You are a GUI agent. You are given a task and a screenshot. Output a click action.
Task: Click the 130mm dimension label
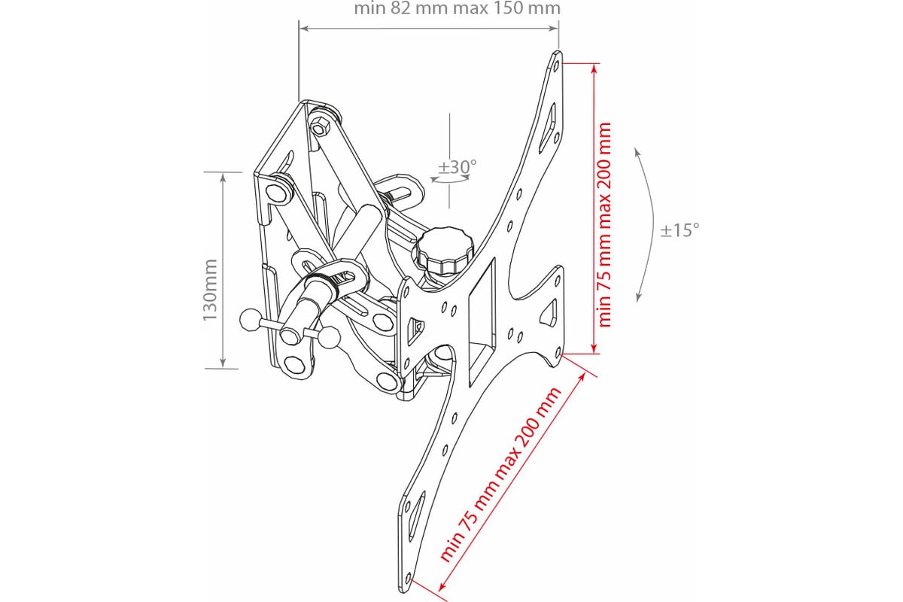tap(210, 290)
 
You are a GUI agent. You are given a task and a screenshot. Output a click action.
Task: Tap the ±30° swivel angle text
tap(458, 166)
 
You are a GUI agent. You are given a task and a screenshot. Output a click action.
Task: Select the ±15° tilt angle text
tap(680, 230)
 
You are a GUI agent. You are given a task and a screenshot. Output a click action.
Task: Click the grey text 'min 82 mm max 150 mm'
tap(458, 8)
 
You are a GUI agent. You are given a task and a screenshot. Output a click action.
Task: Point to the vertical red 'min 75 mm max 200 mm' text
tap(605, 224)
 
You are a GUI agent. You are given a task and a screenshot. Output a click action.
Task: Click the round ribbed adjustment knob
tap(442, 251)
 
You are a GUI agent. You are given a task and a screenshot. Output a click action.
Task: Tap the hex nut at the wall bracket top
tap(320, 126)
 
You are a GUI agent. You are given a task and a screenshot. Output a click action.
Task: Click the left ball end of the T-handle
tap(251, 320)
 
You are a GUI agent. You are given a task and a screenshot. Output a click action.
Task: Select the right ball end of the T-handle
tap(330, 337)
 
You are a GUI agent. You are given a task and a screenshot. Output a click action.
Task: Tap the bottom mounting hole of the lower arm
tap(408, 578)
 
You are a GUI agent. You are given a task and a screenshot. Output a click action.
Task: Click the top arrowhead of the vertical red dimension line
tap(594, 68)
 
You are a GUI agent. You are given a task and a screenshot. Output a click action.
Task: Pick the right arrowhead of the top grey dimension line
tap(552, 29)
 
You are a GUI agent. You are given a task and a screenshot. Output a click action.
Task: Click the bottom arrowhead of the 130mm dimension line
tap(223, 362)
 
